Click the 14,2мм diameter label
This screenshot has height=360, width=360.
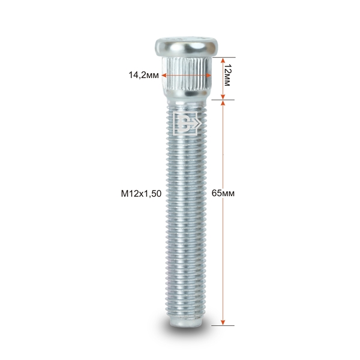[x=143, y=75]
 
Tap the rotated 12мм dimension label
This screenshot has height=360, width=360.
[x=227, y=75]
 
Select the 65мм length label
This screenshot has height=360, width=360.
[x=223, y=193]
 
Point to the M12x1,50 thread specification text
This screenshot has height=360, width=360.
[x=141, y=194]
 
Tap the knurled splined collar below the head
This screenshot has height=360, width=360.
[x=187, y=74]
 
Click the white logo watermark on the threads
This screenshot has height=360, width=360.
[x=187, y=123]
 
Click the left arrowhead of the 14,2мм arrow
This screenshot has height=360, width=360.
[x=164, y=76]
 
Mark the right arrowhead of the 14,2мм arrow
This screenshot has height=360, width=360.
[x=208, y=76]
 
